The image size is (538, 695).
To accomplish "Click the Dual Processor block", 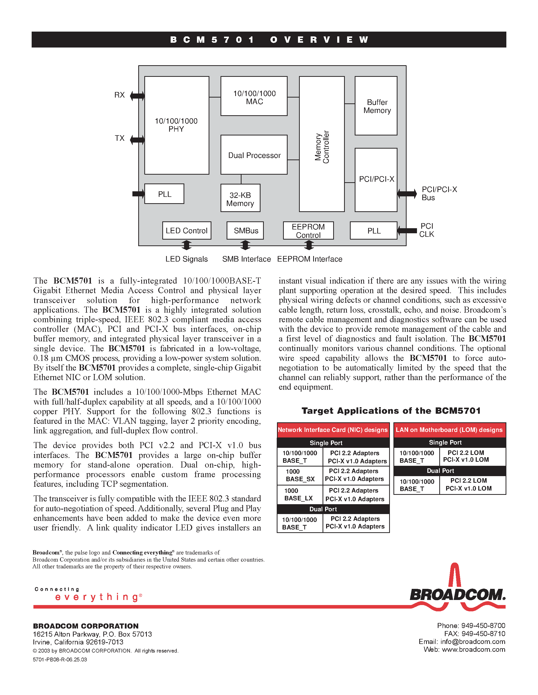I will point(254,155).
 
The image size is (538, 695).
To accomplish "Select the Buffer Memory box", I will point(376,106).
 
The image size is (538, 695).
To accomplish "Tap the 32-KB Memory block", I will point(240,198).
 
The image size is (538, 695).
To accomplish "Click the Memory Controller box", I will point(322,144).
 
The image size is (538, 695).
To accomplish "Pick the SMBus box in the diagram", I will point(245,230).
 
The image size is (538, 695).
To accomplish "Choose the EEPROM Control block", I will point(308,230).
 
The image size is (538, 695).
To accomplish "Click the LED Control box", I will point(186,230).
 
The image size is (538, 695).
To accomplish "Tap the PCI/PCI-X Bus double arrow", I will point(407,193).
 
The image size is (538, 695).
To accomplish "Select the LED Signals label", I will point(186,259).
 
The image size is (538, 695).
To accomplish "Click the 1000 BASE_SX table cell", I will point(300,475).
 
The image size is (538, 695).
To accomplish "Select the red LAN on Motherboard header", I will point(449,430).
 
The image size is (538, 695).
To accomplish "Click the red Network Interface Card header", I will point(333,430).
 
